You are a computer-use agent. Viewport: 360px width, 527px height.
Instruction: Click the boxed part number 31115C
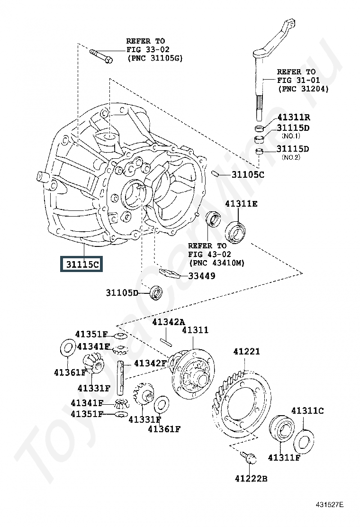coord(81,263)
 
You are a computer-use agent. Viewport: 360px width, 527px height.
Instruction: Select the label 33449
coord(202,276)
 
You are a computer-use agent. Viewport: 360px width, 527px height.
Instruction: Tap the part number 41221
coord(246,352)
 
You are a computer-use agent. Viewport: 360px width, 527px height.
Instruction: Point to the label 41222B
coord(251,478)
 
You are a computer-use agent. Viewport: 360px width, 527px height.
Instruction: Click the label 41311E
coord(241,204)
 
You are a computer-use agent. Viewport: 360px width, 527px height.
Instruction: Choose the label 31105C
coord(248,174)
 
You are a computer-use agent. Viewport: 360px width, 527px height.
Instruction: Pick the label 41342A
coord(169,322)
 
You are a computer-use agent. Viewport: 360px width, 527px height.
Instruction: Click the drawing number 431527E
coord(330,504)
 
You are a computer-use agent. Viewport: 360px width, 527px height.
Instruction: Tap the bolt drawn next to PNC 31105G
coord(101,56)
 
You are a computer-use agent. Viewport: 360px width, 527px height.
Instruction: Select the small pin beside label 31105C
coord(216,173)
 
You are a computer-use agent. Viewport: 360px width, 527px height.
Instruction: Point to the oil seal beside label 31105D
coord(156,292)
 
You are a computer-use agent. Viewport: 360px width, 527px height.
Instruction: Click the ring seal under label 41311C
coord(304,441)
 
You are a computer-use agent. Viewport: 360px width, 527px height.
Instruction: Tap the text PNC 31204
coord(303,89)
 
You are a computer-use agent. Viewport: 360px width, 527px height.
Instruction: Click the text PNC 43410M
coord(216,263)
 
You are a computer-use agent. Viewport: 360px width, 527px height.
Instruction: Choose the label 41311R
coord(294,118)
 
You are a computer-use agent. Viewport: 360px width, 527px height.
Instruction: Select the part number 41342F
coord(150,363)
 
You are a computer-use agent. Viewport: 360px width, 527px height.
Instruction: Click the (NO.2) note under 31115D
coord(291,157)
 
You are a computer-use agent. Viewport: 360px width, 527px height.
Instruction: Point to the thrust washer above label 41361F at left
coord(67,347)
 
